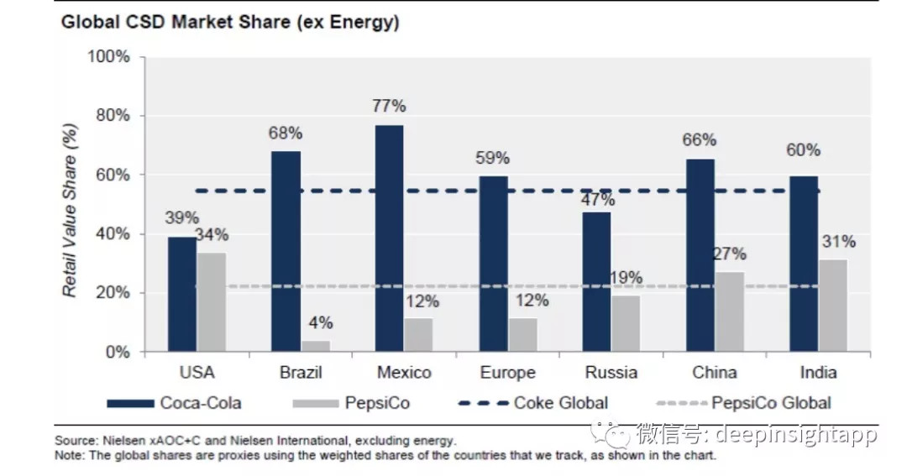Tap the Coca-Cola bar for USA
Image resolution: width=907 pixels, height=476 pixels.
pyautogui.click(x=181, y=294)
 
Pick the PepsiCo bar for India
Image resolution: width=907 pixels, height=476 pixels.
pyautogui.click(x=832, y=306)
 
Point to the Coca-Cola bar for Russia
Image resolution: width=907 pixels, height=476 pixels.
pyautogui.click(x=597, y=282)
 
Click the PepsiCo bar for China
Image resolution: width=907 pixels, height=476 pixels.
pyautogui.click(x=729, y=311)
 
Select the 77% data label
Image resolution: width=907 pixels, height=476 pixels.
pyautogui.click(x=389, y=106)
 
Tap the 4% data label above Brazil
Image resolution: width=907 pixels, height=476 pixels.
pyautogui.click(x=320, y=323)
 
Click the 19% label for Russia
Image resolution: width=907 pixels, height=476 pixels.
pyautogui.click(x=625, y=278)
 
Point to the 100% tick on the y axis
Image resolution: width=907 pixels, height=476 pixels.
pyautogui.click(x=110, y=57)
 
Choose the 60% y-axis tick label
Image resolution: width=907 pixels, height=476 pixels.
pyautogui.click(x=114, y=175)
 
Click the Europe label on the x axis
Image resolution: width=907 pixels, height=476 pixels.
pyautogui.click(x=507, y=373)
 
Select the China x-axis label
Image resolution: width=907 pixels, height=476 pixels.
pyautogui.click(x=715, y=373)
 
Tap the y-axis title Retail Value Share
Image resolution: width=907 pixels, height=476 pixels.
pyautogui.click(x=71, y=207)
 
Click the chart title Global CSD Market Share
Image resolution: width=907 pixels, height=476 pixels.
pyautogui.click(x=229, y=23)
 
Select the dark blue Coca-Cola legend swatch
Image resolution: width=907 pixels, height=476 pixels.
pyautogui.click(x=130, y=404)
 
